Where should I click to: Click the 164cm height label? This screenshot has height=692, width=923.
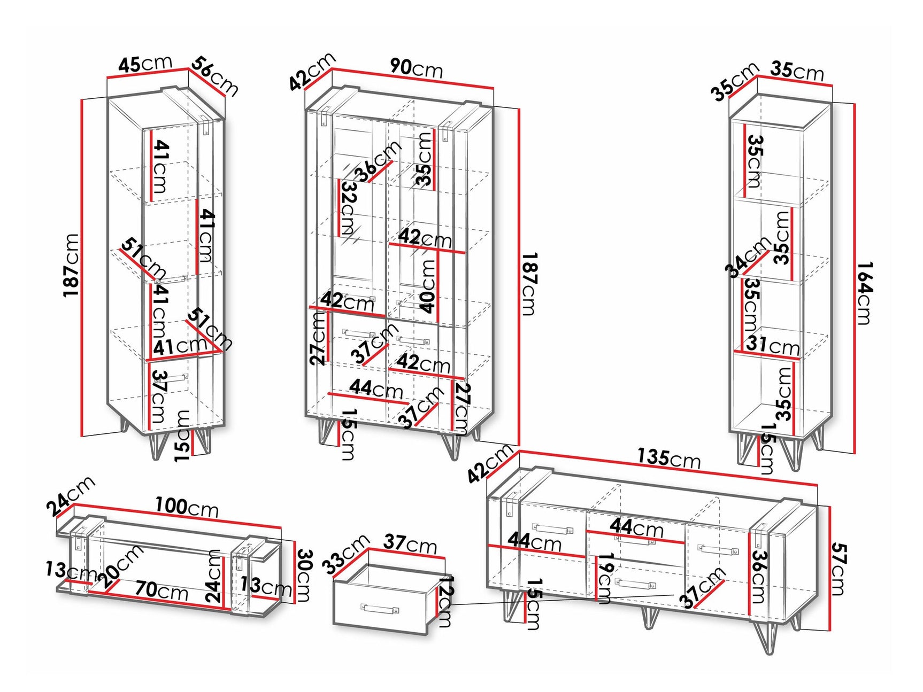point(865,293)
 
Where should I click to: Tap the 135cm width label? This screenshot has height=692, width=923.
point(668,458)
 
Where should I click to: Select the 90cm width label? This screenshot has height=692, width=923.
point(416,68)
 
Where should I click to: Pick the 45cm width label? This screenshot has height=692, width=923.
point(145,64)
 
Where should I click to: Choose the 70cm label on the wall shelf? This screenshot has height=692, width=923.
point(161,590)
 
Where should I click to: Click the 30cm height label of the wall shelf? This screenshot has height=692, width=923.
point(304,575)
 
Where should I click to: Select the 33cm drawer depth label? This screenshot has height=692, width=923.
point(345,554)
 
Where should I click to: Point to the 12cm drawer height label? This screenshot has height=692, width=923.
point(446,601)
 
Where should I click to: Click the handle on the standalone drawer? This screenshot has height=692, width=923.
point(380,609)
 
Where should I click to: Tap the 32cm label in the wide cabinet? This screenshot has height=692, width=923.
point(348,208)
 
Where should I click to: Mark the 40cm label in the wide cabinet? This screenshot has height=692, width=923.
point(428,286)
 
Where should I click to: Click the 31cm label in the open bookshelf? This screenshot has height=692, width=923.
point(773,345)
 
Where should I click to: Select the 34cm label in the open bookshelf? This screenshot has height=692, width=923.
point(747,257)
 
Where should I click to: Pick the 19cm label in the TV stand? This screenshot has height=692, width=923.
point(605,578)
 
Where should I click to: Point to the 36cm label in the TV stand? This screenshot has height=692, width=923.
point(759,576)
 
